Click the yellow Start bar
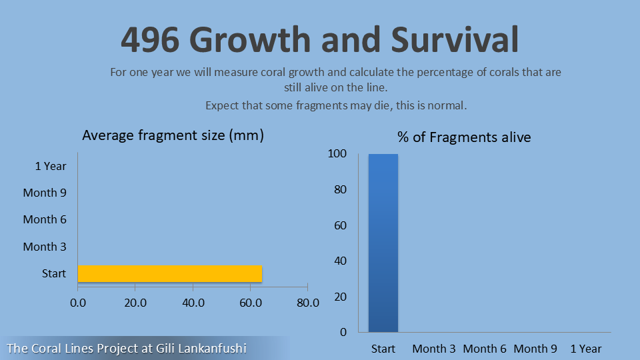(x=170, y=273)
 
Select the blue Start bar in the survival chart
(x=383, y=243)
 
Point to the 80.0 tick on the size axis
(x=307, y=303)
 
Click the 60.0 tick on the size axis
(x=250, y=303)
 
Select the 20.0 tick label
(x=135, y=303)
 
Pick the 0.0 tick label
(x=78, y=303)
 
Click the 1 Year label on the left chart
(x=51, y=166)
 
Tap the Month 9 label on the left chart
(x=45, y=193)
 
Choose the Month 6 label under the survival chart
(x=485, y=349)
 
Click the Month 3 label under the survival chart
(x=434, y=349)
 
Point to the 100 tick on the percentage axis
(x=337, y=154)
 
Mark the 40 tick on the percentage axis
(x=340, y=261)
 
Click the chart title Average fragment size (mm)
(x=173, y=135)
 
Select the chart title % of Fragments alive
(x=464, y=137)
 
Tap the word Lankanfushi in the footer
(x=209, y=348)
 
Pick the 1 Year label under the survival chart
(x=585, y=349)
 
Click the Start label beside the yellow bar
(x=54, y=273)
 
